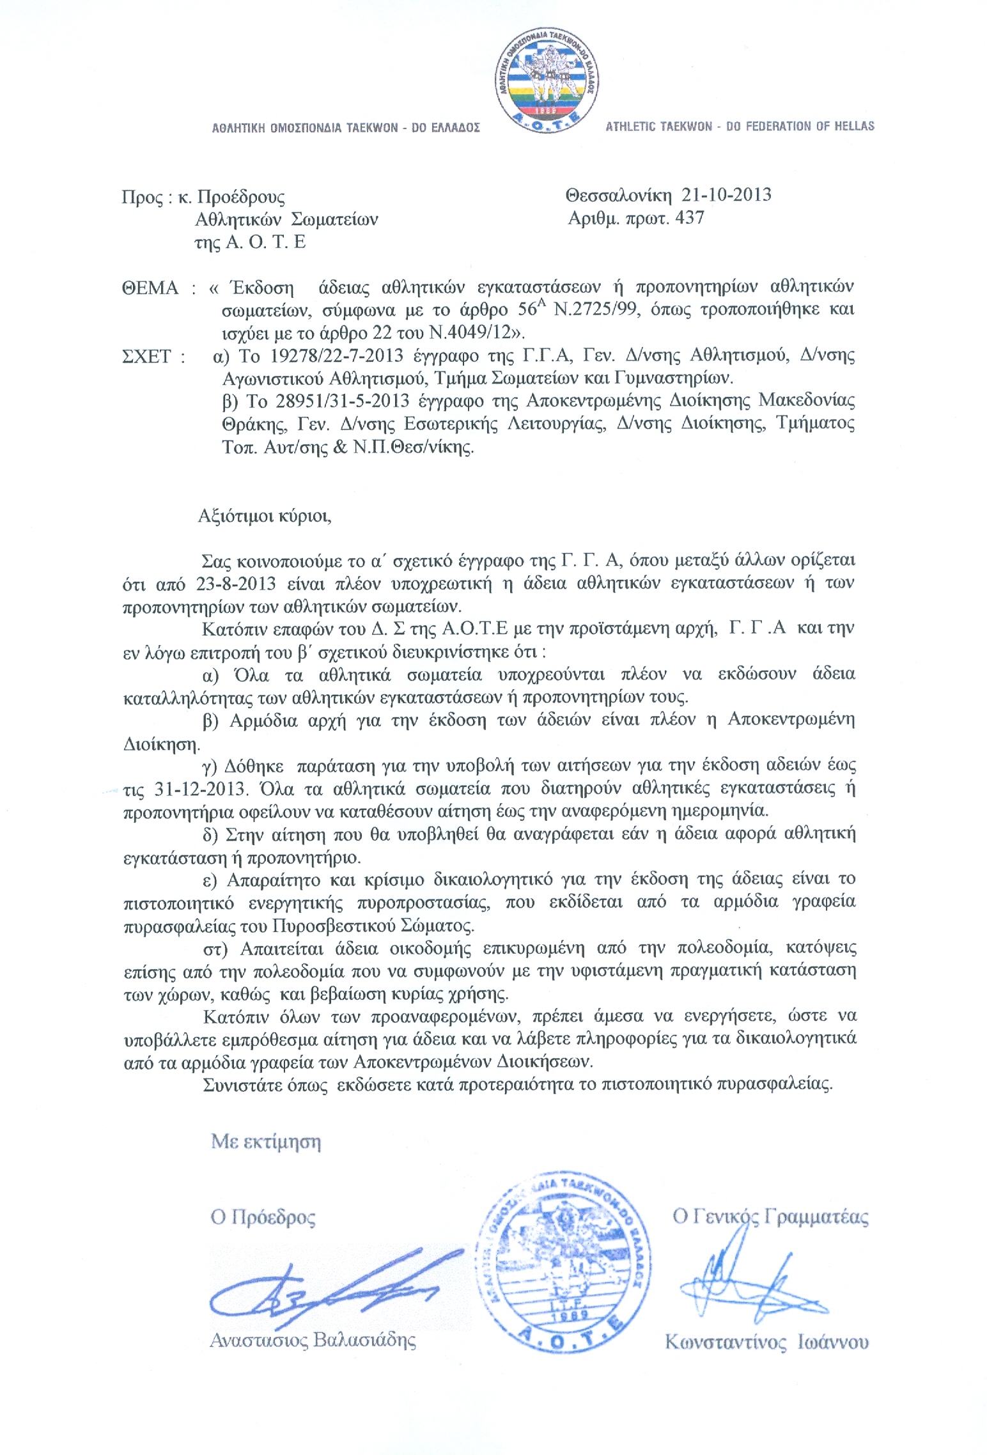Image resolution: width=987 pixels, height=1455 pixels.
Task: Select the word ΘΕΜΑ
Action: tap(150, 288)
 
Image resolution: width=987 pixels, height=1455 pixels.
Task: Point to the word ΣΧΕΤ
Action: tap(146, 356)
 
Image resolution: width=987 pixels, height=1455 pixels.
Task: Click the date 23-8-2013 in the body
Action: tap(236, 583)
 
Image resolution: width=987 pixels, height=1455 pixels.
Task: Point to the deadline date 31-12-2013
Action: tap(200, 788)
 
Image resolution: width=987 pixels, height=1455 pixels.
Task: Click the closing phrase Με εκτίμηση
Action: tap(266, 1142)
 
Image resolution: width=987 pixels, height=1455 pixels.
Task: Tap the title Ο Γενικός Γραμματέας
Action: tap(770, 1217)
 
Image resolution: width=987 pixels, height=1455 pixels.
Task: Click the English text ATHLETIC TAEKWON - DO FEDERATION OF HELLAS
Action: tap(740, 127)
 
